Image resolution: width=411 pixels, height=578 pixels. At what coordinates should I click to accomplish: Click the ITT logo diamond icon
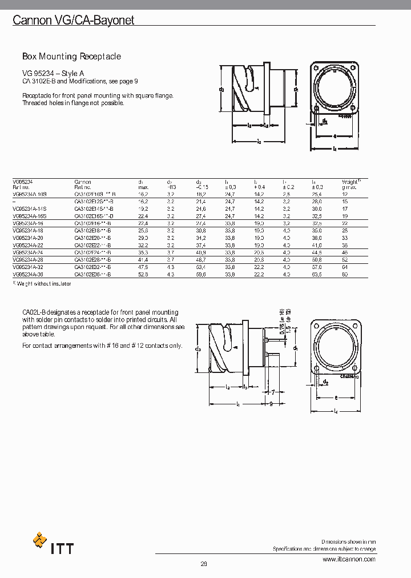(x=40, y=540)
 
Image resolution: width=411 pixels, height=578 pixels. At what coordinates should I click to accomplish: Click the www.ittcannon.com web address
(x=349, y=559)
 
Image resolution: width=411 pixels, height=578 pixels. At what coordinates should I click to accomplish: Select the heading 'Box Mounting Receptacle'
(x=71, y=57)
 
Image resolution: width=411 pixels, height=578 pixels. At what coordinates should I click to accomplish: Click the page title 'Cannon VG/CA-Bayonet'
(x=74, y=21)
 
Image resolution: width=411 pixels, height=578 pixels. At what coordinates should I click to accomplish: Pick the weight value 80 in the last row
(x=345, y=275)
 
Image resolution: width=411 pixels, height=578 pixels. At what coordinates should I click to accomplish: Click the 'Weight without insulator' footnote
(x=42, y=283)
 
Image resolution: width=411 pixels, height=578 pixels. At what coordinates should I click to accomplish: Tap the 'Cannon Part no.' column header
(x=83, y=184)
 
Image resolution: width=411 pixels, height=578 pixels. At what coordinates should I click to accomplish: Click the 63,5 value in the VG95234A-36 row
(x=317, y=275)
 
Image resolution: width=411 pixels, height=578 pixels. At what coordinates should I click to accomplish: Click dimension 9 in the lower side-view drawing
(x=271, y=403)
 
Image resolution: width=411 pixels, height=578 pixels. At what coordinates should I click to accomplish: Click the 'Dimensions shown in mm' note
(x=348, y=541)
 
